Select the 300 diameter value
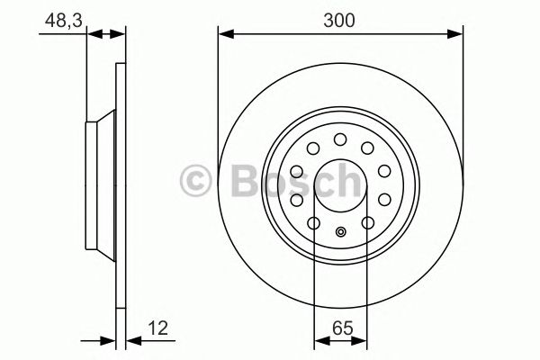pyautogui.click(x=341, y=17)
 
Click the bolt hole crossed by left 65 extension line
pyautogui.click(x=314, y=223)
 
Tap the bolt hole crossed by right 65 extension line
pyautogui.click(x=367, y=223)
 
